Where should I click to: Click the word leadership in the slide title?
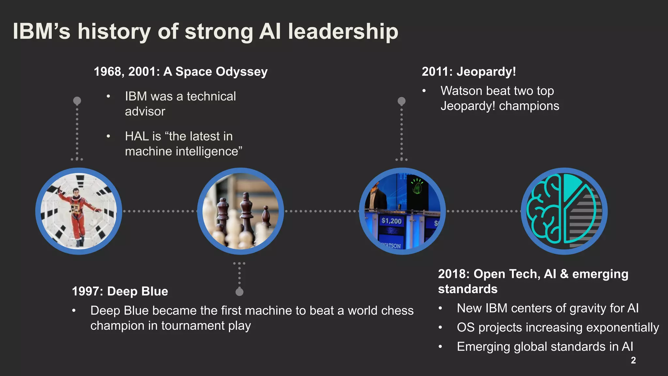click(343, 32)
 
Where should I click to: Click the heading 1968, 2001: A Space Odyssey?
click(181, 71)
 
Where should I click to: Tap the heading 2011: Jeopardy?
click(469, 71)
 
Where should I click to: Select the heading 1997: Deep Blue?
click(120, 291)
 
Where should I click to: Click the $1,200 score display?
click(391, 221)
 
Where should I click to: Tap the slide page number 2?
click(633, 360)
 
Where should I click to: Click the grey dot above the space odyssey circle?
click(77, 101)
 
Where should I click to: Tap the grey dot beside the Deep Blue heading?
click(239, 291)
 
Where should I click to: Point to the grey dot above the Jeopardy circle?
click(402, 101)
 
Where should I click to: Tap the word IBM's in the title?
click(41, 32)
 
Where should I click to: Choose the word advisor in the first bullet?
click(145, 112)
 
